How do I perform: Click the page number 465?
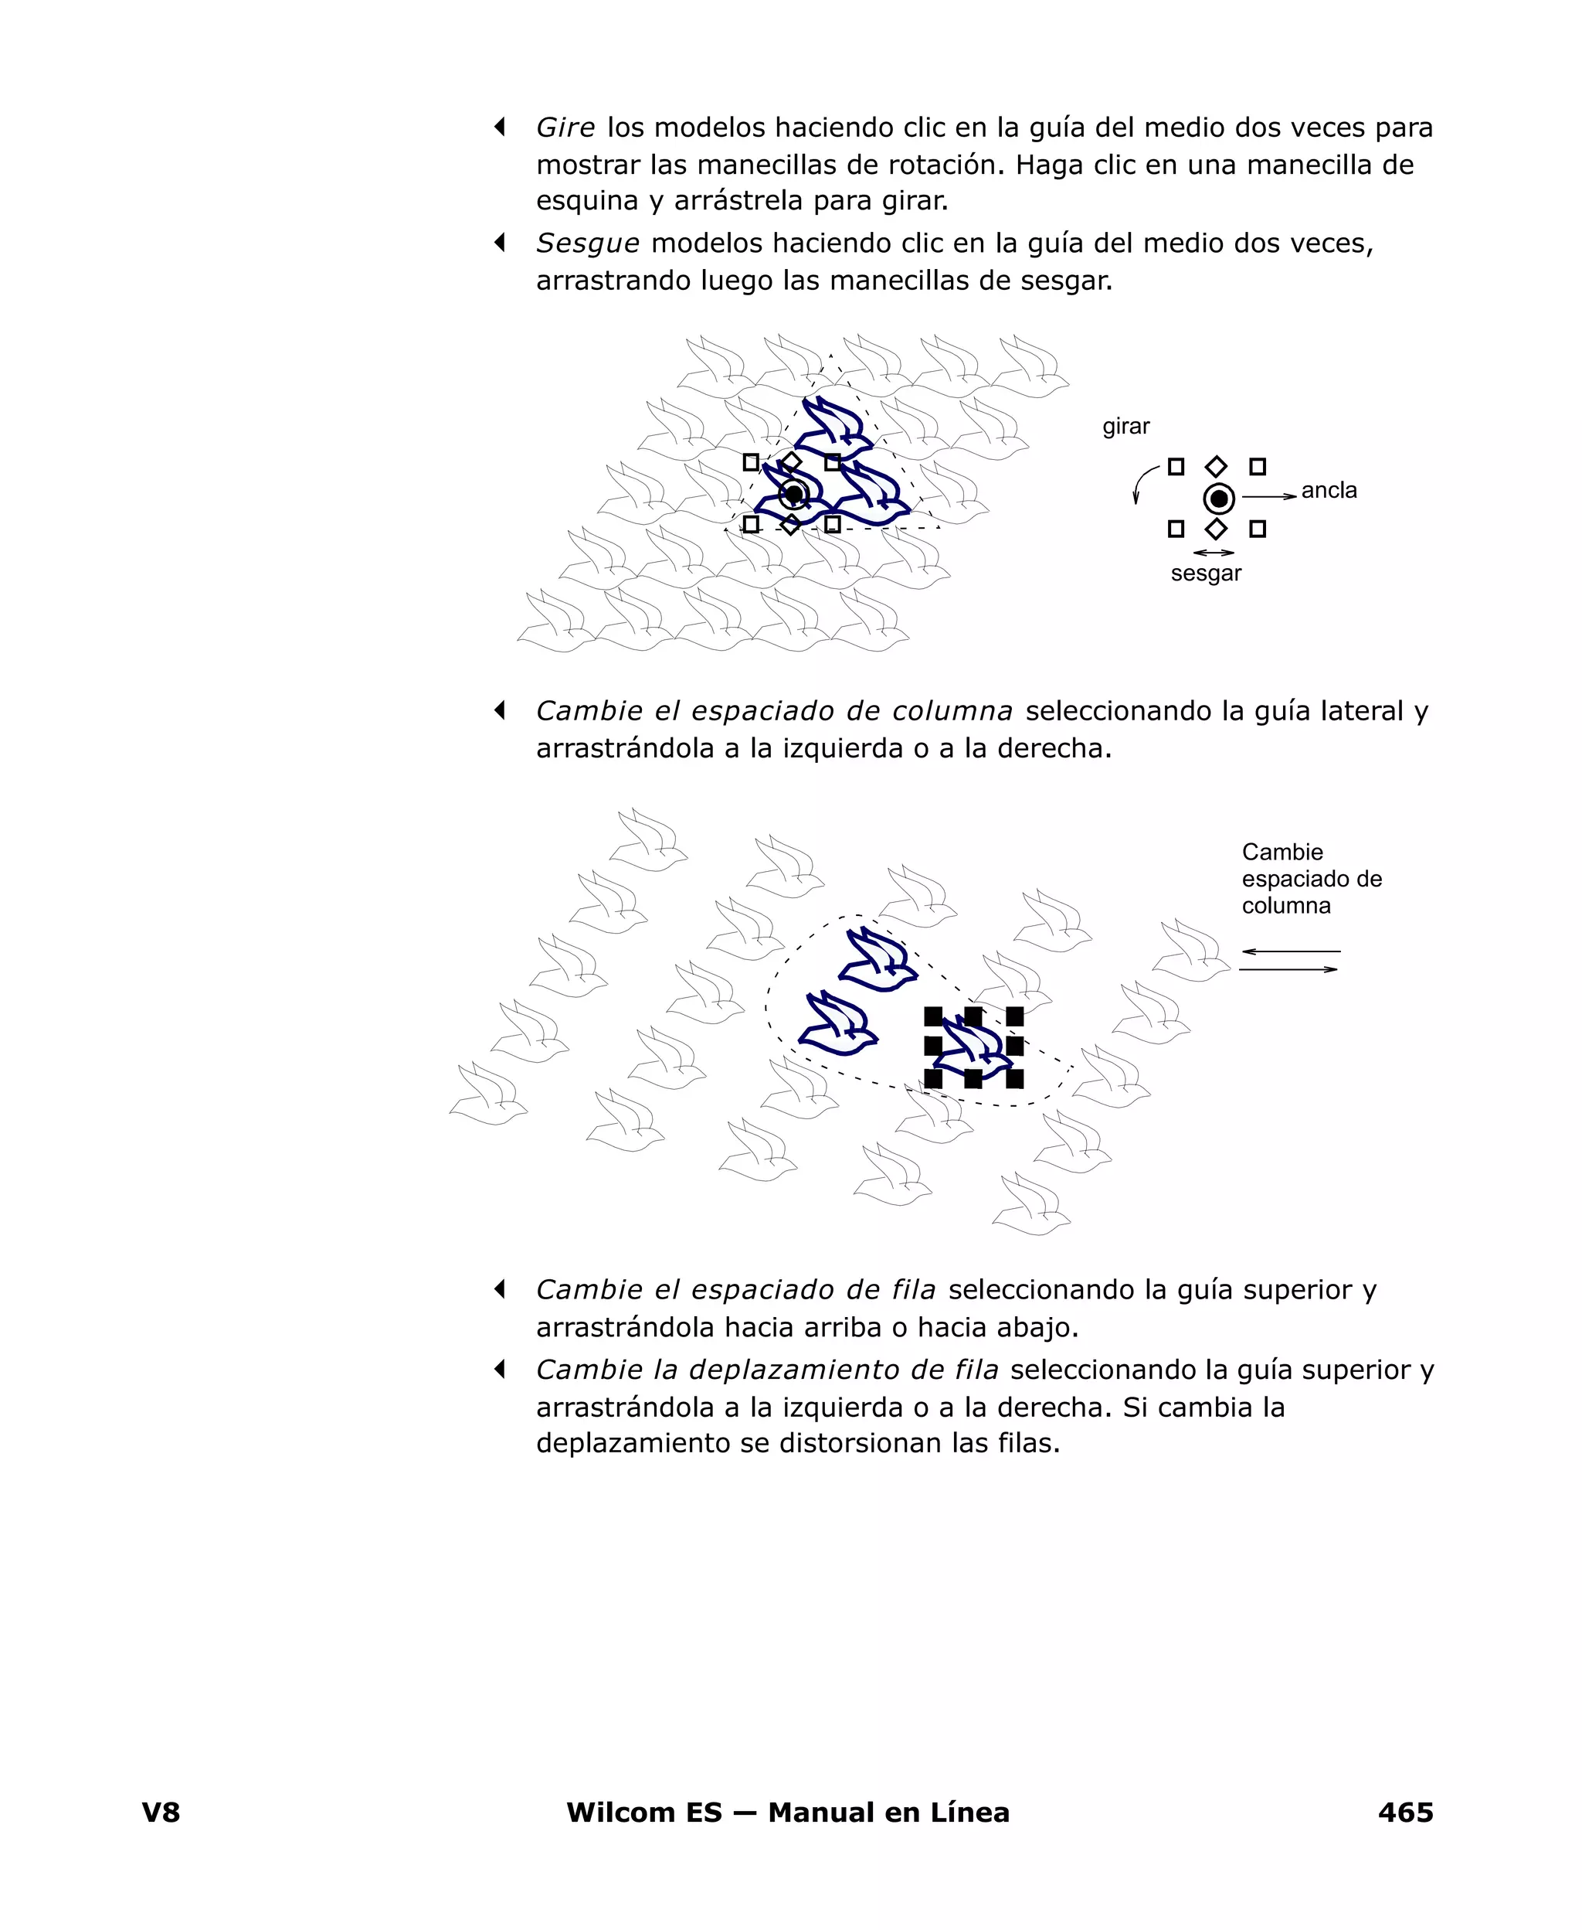1404,1812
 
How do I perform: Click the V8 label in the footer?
161,1812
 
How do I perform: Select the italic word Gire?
565,128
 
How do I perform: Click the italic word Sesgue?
587,243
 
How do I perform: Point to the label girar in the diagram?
1125,427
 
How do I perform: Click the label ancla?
1328,491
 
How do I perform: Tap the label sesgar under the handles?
1205,574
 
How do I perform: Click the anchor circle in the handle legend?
1218,499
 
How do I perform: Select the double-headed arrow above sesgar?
1213,553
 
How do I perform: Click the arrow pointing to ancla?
1268,496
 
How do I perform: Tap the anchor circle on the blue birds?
794,494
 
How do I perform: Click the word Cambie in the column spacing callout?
1282,853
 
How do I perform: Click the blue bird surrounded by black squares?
973,1047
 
